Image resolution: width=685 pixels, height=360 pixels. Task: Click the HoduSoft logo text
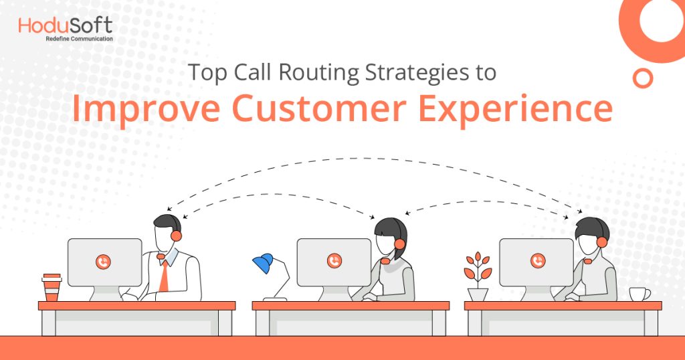65,26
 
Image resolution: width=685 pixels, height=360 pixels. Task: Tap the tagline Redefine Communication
79,39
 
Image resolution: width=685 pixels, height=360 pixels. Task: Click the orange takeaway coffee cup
52,287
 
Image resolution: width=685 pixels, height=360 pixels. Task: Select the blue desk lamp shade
263,262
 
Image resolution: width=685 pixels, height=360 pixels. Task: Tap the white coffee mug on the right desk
639,294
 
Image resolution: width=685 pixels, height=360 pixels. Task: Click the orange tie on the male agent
163,275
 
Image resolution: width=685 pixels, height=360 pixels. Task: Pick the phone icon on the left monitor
103,262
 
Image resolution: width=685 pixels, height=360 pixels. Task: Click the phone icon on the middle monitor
334,261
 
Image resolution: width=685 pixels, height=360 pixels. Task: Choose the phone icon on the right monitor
537,261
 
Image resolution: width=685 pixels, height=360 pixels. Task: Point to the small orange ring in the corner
643,78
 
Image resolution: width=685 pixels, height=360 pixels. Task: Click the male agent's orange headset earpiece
176,236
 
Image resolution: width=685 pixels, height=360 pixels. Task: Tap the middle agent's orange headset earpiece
399,244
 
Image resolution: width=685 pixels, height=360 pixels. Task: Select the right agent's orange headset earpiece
601,242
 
